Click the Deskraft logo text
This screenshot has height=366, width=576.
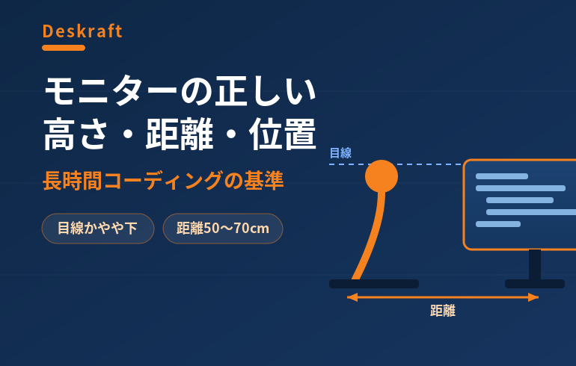coord(82,31)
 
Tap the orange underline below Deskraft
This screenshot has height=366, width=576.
coord(64,48)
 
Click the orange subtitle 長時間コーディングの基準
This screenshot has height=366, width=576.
coord(163,181)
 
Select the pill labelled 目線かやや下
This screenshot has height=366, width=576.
coord(98,229)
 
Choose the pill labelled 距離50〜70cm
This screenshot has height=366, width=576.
coord(223,229)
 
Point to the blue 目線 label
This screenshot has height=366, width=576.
coord(340,152)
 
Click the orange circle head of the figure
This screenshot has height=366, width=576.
coord(382,176)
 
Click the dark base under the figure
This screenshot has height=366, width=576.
coord(374,284)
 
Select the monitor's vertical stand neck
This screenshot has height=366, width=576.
coord(535,264)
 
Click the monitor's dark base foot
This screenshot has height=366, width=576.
coord(535,284)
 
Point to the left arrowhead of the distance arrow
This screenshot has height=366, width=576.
coord(352,297)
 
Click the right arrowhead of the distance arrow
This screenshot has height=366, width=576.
coord(533,297)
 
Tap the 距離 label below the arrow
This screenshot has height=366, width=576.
coord(443,311)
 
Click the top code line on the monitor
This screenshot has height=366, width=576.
coord(502,176)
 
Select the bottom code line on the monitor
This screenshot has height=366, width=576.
coord(498,224)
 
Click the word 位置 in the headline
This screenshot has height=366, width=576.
coord(283,134)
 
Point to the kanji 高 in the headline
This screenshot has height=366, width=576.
coord(60,134)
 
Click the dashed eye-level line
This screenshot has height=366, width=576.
coord(396,164)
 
